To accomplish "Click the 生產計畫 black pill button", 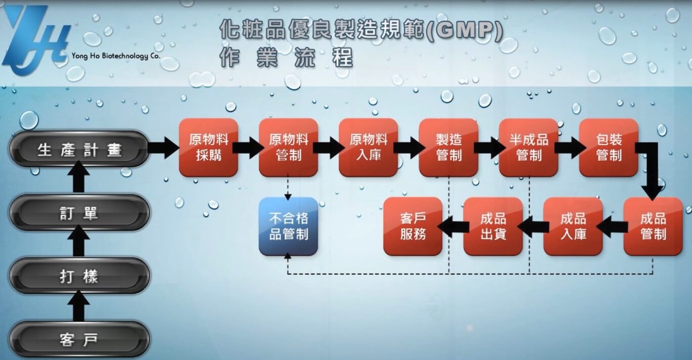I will [79, 149].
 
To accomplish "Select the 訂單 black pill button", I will [79, 213].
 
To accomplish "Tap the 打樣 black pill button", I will [79, 276].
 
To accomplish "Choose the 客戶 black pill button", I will [79, 339].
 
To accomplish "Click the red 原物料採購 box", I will [208, 147].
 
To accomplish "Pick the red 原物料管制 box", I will [288, 147].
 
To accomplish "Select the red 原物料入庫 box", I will [368, 147].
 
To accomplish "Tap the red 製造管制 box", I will [449, 147].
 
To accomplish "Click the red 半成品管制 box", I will [529, 147].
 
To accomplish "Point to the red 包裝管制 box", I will [609, 147].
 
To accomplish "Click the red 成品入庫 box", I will [573, 226].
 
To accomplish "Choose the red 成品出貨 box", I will [493, 226].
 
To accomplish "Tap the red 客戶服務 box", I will [413, 226].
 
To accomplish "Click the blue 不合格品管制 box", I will [288, 226].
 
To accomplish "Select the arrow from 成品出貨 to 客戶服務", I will [453, 227].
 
